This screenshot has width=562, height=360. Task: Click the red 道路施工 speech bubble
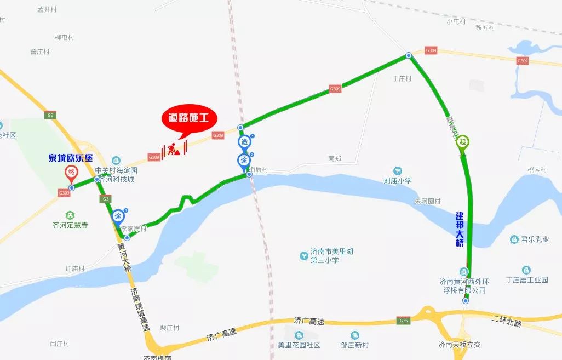189,118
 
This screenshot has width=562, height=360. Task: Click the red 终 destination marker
71,174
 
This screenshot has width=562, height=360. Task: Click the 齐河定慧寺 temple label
70,225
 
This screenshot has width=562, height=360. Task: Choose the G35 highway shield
404,321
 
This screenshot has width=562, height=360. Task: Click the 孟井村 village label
47,9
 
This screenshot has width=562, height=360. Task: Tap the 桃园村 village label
537,170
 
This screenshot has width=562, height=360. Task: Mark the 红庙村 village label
75,269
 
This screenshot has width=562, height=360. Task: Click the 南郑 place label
334,158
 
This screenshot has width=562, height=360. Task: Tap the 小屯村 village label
456,21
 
